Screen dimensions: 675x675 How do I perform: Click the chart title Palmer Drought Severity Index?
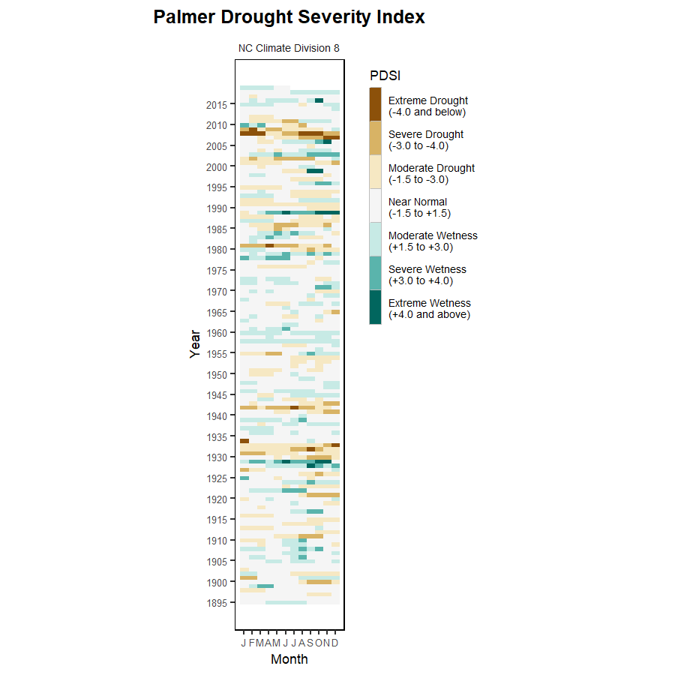click(x=289, y=17)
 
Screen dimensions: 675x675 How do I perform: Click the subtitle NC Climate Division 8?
click(x=289, y=48)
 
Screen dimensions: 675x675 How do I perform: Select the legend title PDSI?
click(x=385, y=76)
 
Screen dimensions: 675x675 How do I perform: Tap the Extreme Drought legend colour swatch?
click(x=375, y=104)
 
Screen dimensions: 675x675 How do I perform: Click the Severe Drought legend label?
click(x=425, y=139)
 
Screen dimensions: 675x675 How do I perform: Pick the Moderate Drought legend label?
click(x=431, y=173)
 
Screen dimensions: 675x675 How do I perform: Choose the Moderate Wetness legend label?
click(x=433, y=241)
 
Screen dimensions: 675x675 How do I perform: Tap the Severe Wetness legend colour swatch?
click(x=375, y=274)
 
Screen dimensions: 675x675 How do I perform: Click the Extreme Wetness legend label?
click(x=429, y=308)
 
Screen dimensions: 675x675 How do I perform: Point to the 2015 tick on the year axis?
click(x=217, y=105)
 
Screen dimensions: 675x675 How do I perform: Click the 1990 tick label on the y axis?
click(x=217, y=208)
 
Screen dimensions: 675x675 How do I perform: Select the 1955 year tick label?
click(x=217, y=353)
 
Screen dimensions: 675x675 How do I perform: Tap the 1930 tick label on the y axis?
click(x=217, y=457)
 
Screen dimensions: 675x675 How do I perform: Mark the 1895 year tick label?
click(x=217, y=602)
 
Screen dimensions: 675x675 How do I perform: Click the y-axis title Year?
click(x=196, y=344)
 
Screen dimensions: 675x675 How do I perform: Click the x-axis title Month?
click(x=289, y=660)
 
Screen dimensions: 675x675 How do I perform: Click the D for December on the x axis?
click(x=334, y=643)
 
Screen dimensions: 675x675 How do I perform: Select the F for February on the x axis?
click(x=252, y=643)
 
